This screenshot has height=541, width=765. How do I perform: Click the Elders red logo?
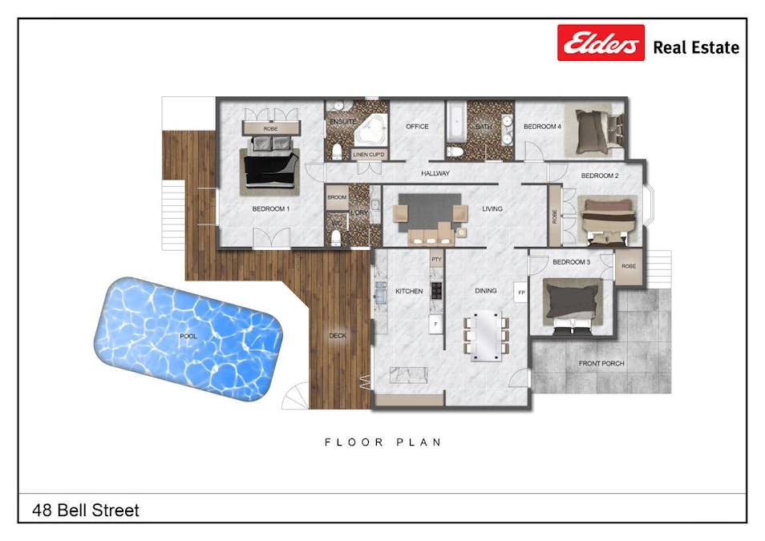point(601,42)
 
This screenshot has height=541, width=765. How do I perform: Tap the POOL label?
point(188,337)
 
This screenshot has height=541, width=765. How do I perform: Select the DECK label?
point(338,336)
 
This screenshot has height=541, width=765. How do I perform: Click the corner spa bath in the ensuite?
point(370,131)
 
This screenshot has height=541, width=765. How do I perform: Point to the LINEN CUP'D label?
point(369,154)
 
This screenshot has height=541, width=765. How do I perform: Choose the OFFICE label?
point(417,127)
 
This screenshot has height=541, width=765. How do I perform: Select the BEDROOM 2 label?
point(600,176)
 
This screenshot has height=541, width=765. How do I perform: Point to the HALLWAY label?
point(435,173)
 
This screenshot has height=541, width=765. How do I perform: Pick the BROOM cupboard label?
point(336,196)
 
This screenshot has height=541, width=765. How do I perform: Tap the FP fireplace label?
point(520,293)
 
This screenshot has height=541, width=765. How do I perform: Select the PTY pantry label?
point(437,260)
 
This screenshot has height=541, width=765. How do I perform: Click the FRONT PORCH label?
point(601,363)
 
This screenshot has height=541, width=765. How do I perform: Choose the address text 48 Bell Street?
point(86,510)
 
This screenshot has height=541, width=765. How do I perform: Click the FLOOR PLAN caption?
point(383,442)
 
